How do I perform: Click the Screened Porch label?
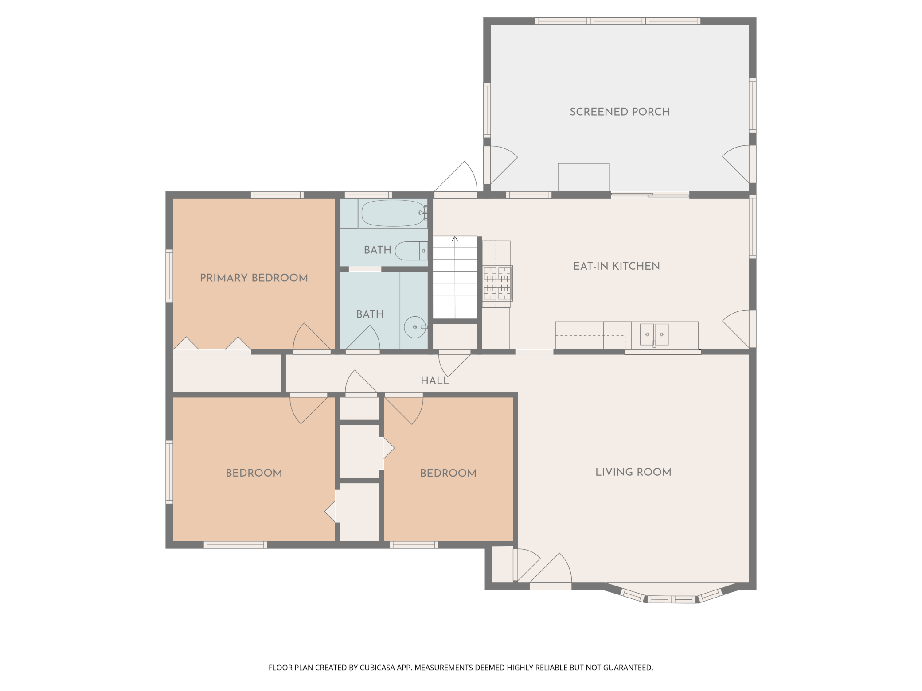tap(619, 112)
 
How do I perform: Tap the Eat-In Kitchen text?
tap(617, 266)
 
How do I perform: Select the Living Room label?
tap(633, 472)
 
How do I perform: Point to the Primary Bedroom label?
tap(254, 278)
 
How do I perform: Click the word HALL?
tap(435, 380)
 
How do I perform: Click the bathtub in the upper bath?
tap(393, 213)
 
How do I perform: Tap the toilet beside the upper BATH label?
tap(411, 251)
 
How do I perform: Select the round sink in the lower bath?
tap(415, 327)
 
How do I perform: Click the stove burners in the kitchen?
tap(497, 283)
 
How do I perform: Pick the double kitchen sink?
tap(654, 334)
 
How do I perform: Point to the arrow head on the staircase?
tap(455, 239)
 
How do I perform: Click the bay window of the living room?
tap(672, 595)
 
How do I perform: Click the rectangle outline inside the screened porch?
tap(583, 177)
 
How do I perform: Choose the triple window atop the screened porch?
tap(618, 21)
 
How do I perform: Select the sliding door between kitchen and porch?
tap(650, 194)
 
